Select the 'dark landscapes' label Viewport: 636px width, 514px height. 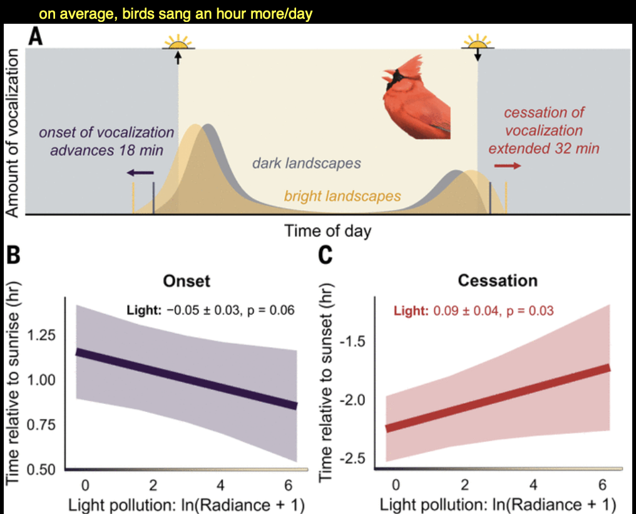307,164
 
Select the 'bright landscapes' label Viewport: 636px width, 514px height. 342,196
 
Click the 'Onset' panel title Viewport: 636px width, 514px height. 187,281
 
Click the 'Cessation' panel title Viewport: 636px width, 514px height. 498,281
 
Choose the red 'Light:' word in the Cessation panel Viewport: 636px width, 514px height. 411,310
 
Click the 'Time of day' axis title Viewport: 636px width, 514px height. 327,231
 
